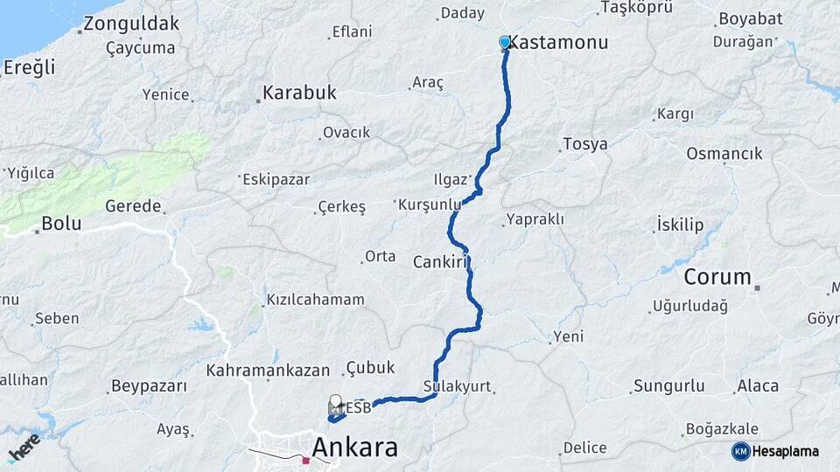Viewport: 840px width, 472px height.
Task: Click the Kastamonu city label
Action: [x=557, y=42]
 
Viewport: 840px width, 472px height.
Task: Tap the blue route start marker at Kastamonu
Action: [x=505, y=42]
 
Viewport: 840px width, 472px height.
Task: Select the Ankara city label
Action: [x=354, y=448]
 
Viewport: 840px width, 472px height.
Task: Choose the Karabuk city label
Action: [x=299, y=92]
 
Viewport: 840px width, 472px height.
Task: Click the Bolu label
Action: [x=61, y=223]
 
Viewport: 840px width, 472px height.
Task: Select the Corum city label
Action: [x=717, y=277]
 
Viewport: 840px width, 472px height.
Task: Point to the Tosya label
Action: [x=585, y=144]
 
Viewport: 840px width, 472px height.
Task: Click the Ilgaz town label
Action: [x=451, y=179]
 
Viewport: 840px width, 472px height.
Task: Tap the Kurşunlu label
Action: [x=429, y=204]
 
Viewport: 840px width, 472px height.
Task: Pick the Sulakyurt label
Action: [x=457, y=385]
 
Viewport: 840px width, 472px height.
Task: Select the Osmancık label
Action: [x=724, y=154]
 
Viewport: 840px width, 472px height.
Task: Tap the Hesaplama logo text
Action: [x=785, y=451]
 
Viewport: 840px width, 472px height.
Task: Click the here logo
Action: [x=24, y=448]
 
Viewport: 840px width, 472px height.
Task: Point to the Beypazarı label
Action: [x=150, y=385]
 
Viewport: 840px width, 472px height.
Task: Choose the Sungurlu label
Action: [x=668, y=385]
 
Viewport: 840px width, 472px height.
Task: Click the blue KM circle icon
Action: [x=740, y=451]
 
